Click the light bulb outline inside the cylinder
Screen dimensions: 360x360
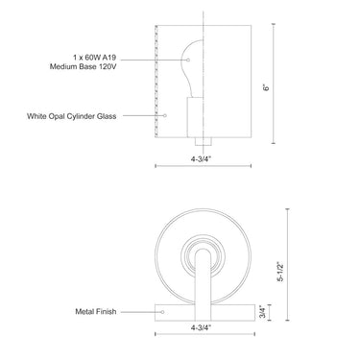click(195, 58)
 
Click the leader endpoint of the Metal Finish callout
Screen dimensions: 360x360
click(162, 311)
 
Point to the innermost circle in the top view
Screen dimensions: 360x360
click(204, 255)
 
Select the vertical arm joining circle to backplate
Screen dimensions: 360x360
click(204, 283)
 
